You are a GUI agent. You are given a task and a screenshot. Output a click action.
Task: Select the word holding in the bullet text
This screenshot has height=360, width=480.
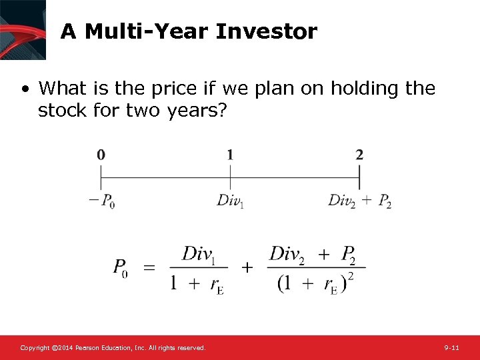(359, 89)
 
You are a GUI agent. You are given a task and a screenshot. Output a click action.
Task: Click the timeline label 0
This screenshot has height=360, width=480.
(101, 155)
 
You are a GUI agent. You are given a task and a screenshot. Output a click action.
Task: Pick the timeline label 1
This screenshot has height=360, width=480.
(230, 155)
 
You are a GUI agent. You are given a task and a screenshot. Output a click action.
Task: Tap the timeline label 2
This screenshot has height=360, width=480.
(359, 155)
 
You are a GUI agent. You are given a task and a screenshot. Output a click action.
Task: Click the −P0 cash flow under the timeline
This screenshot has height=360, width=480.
(102, 201)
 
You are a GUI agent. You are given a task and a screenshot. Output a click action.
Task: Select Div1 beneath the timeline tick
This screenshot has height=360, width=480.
(231, 201)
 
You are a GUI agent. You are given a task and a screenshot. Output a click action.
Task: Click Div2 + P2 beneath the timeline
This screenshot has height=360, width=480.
(359, 201)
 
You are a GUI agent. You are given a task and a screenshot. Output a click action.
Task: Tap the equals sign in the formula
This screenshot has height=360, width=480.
(149, 267)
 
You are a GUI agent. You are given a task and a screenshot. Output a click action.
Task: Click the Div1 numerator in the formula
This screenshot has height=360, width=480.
(200, 253)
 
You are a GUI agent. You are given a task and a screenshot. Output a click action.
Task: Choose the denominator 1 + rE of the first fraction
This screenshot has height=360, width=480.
(197, 284)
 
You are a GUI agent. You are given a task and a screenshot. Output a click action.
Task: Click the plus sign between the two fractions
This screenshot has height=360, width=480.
(247, 267)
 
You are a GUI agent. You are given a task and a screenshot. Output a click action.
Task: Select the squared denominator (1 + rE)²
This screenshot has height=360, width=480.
(315, 283)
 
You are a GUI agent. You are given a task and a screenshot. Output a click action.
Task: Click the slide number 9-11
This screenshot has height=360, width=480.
(451, 348)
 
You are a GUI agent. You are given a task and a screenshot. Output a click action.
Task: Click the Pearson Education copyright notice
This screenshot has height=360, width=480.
(113, 348)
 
